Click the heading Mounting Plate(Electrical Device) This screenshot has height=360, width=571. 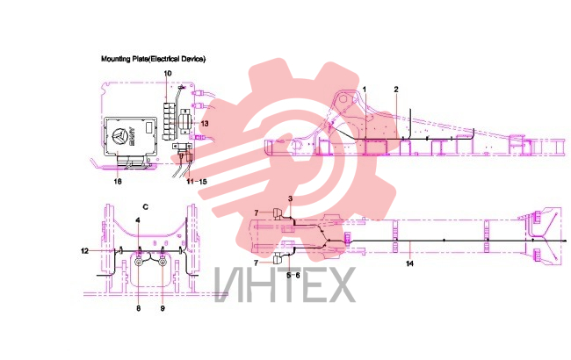coord(154,59)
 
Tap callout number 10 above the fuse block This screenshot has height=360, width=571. coord(168,74)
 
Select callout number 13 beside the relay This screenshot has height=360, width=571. coord(205,124)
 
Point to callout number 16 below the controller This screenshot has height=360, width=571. coord(118,181)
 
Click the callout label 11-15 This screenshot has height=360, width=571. coord(197,181)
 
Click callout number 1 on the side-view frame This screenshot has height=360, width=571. coord(365,90)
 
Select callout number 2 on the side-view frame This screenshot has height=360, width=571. coord(396,90)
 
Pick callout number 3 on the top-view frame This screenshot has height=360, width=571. coord(290,198)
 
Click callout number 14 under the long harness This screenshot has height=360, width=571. coord(409,263)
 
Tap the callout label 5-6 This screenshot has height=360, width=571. coord(293,275)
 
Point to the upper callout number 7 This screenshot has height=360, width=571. coord(257,213)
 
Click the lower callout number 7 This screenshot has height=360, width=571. coord(257,263)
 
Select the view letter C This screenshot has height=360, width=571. coord(146,207)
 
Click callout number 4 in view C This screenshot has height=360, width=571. coord(138,220)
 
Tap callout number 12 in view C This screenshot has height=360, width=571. coord(85,251)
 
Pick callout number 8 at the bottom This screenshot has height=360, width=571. coord(139,308)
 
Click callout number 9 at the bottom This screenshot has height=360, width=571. coord(163,308)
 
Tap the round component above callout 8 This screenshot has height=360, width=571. coord(139,262)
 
